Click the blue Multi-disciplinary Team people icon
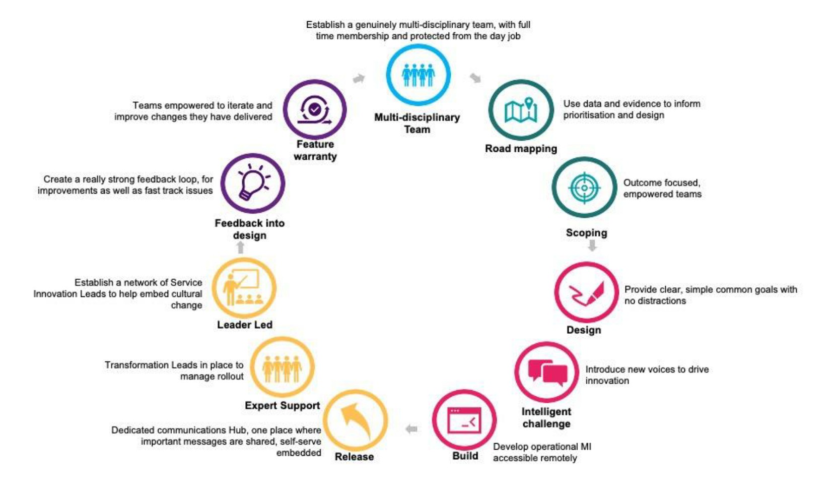coord(419,75)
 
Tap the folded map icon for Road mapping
coord(521,110)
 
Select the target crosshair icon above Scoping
coord(584,188)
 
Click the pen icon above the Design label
coord(586,293)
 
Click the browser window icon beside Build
coord(464,420)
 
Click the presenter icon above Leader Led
coord(242,287)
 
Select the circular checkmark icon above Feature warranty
coord(315,110)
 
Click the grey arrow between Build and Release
coord(411,429)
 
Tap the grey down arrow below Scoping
coord(592,246)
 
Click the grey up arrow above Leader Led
coord(241,247)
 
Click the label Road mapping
coord(521,149)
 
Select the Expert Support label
coord(282,405)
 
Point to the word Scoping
coord(586,233)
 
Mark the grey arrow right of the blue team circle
coord(475,78)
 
